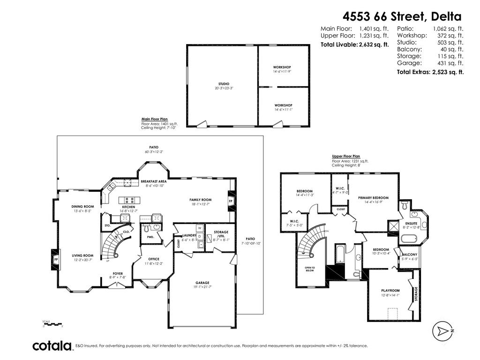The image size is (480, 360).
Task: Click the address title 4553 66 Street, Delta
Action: click(402, 16)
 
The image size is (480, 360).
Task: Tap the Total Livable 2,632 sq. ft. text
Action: click(355, 45)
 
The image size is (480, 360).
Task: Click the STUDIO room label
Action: click(217, 84)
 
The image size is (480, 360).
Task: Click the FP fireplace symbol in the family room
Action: click(231, 201)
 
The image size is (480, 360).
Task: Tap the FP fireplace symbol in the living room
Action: click(56, 259)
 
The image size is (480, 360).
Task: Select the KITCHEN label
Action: click(128, 207)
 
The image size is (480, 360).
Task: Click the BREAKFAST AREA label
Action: click(154, 181)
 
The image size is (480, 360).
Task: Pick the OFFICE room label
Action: click(154, 259)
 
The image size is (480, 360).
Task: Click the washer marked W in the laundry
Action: click(199, 228)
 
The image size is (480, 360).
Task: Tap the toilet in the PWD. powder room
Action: click(147, 228)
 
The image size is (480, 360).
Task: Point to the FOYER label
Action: click(117, 273)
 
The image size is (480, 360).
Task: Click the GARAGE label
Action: click(202, 283)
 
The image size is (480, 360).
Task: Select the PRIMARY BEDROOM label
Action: click(373, 198)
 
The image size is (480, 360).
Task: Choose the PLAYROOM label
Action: click(390, 290)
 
